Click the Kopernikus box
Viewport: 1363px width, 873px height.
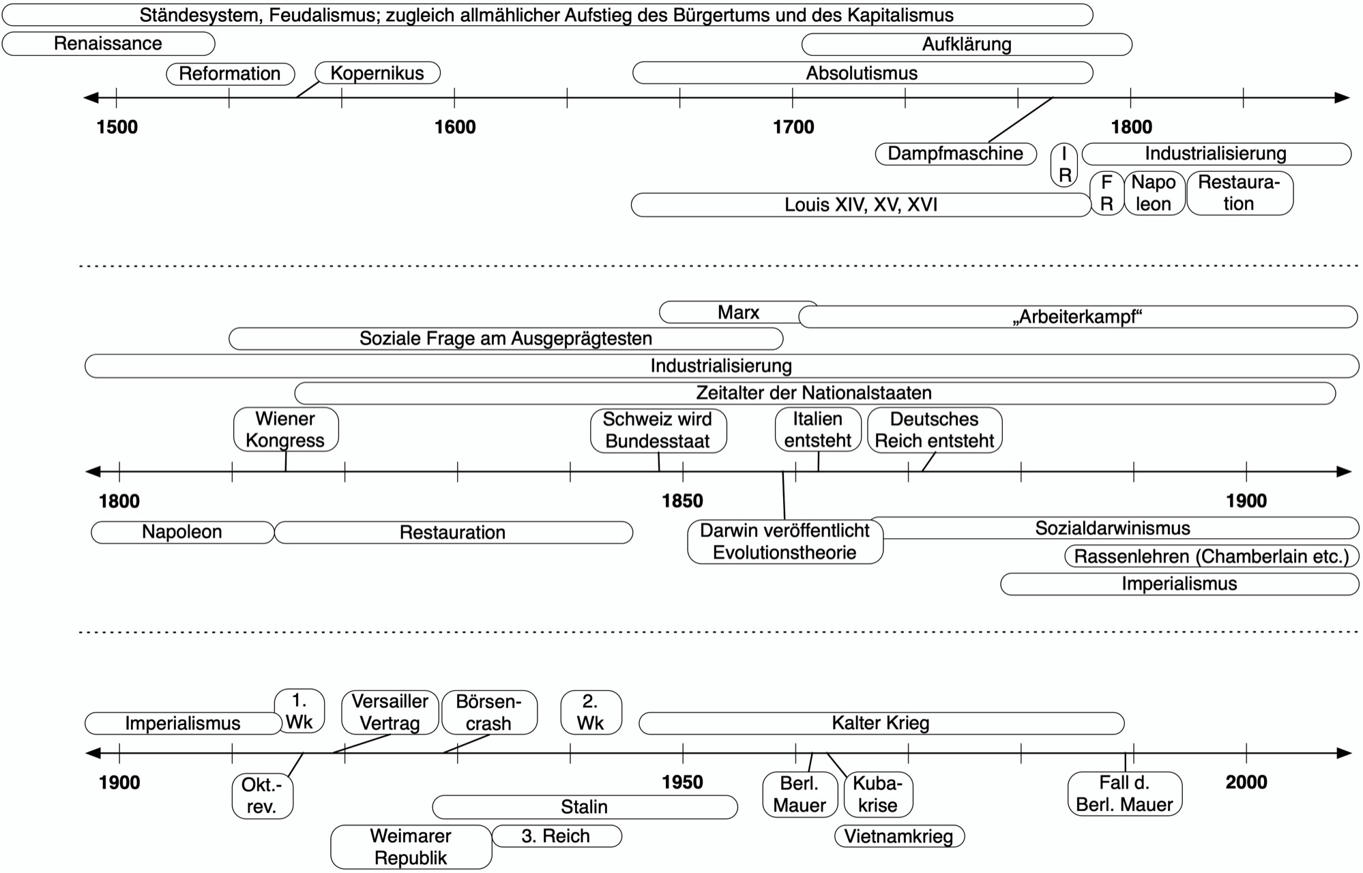[x=377, y=73]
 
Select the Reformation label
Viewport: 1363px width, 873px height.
[x=230, y=74]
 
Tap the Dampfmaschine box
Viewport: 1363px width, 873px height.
[x=956, y=153]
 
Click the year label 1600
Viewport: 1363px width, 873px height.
[x=455, y=127]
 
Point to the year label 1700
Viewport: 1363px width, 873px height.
[x=793, y=127]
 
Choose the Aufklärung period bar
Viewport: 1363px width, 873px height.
[x=967, y=45]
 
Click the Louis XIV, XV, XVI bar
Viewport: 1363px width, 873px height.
[x=861, y=205]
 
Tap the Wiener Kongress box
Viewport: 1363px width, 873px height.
[x=286, y=430]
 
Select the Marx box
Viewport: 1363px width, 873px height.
[x=738, y=312]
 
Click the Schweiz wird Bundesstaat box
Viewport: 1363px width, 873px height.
[x=658, y=430]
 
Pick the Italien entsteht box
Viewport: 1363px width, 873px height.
[x=818, y=430]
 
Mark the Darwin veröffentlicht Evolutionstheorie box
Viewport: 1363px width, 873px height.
[x=785, y=542]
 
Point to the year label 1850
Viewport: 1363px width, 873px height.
[x=682, y=501]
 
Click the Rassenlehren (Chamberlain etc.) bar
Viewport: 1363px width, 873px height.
[x=1212, y=557]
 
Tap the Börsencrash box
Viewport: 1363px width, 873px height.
[x=489, y=713]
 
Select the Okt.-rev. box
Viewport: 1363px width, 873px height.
[x=263, y=796]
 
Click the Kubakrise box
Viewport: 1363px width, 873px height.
[x=878, y=795]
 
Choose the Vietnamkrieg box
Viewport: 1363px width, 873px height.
[x=899, y=836]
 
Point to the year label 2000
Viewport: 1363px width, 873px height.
[x=1246, y=782]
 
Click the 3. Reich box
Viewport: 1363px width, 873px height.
[x=557, y=836]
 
